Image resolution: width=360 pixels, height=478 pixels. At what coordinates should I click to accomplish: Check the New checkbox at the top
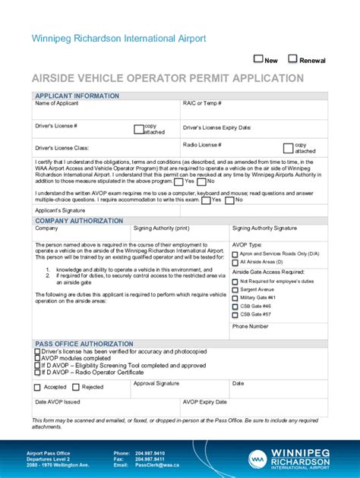pyautogui.click(x=258, y=59)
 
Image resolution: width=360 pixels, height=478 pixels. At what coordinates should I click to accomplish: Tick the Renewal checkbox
pyautogui.click(x=293, y=59)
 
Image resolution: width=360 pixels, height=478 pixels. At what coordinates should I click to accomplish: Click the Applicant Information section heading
pyautogui.click(x=77, y=96)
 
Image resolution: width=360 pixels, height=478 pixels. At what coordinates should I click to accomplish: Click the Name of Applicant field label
pyautogui.click(x=57, y=103)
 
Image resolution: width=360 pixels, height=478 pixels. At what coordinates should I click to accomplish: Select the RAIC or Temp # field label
pyautogui.click(x=202, y=103)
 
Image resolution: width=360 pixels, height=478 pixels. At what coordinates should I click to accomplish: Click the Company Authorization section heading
pyautogui.click(x=79, y=221)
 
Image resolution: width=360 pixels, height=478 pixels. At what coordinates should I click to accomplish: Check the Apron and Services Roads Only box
pyautogui.click(x=235, y=253)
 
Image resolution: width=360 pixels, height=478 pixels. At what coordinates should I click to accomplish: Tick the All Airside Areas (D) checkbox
pyautogui.click(x=235, y=262)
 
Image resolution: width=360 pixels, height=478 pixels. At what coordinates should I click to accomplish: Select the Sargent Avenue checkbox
pyautogui.click(x=235, y=290)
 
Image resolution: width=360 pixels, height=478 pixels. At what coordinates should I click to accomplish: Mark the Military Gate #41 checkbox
pyautogui.click(x=235, y=298)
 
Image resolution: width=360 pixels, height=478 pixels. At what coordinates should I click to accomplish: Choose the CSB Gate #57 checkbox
pyautogui.click(x=235, y=313)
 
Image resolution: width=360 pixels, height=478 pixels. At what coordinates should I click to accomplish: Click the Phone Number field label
pyautogui.click(x=250, y=326)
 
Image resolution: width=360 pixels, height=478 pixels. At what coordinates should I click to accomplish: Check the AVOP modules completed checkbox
pyautogui.click(x=38, y=358)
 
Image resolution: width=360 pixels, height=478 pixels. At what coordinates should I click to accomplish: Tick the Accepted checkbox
pyautogui.click(x=38, y=387)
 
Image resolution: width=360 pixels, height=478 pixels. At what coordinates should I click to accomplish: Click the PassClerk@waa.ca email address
pyautogui.click(x=157, y=464)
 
